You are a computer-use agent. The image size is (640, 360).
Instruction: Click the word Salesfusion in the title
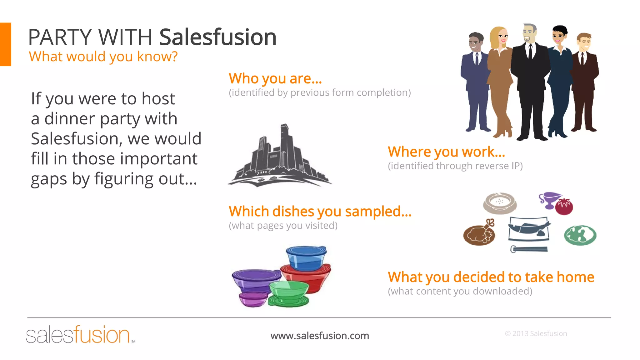click(218, 37)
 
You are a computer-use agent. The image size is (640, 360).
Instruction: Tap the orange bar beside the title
click(6, 44)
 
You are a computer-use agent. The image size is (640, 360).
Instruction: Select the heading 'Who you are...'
click(275, 78)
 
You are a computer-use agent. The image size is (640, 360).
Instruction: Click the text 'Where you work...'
click(446, 152)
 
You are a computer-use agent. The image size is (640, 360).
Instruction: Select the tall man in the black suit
click(530, 81)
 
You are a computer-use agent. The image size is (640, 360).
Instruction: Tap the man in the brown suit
click(584, 81)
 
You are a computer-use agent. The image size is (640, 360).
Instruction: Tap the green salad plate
click(580, 235)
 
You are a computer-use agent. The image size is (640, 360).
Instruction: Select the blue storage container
click(307, 258)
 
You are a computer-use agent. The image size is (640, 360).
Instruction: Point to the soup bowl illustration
click(500, 203)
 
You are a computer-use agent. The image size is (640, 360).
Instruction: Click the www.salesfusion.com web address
click(320, 336)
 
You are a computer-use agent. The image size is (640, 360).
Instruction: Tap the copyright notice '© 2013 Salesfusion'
click(536, 333)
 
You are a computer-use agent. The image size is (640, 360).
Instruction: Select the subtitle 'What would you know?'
click(103, 57)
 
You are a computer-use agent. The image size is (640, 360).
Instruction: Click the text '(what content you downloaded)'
click(460, 291)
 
